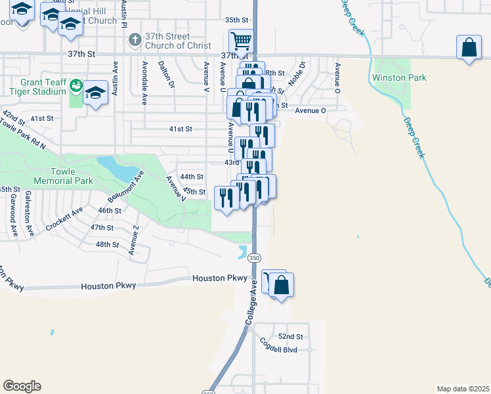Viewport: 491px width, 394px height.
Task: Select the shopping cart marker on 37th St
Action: tap(242, 41)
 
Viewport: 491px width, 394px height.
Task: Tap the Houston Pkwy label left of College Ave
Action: tap(108, 286)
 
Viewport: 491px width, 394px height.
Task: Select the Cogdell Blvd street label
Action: tap(278, 350)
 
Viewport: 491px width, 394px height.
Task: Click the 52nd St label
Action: tap(290, 336)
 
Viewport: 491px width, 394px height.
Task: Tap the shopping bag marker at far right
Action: tap(469, 48)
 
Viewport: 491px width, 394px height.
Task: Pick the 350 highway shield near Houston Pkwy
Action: tap(255, 258)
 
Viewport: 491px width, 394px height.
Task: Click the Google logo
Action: tap(22, 385)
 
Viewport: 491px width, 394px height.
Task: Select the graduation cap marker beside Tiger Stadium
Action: tap(95, 94)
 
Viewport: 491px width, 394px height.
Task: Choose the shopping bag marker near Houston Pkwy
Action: tap(282, 286)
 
